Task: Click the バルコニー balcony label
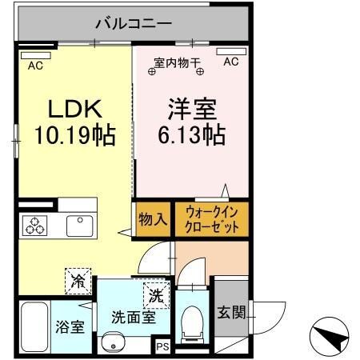[x=133, y=23]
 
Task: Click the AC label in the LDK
[x=35, y=66]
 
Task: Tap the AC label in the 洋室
[x=230, y=62]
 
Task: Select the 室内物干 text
[x=176, y=62]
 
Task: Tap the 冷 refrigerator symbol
[x=78, y=281]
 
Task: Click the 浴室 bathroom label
[x=70, y=327]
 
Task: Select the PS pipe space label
[x=162, y=346]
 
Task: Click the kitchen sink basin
[x=79, y=226]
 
